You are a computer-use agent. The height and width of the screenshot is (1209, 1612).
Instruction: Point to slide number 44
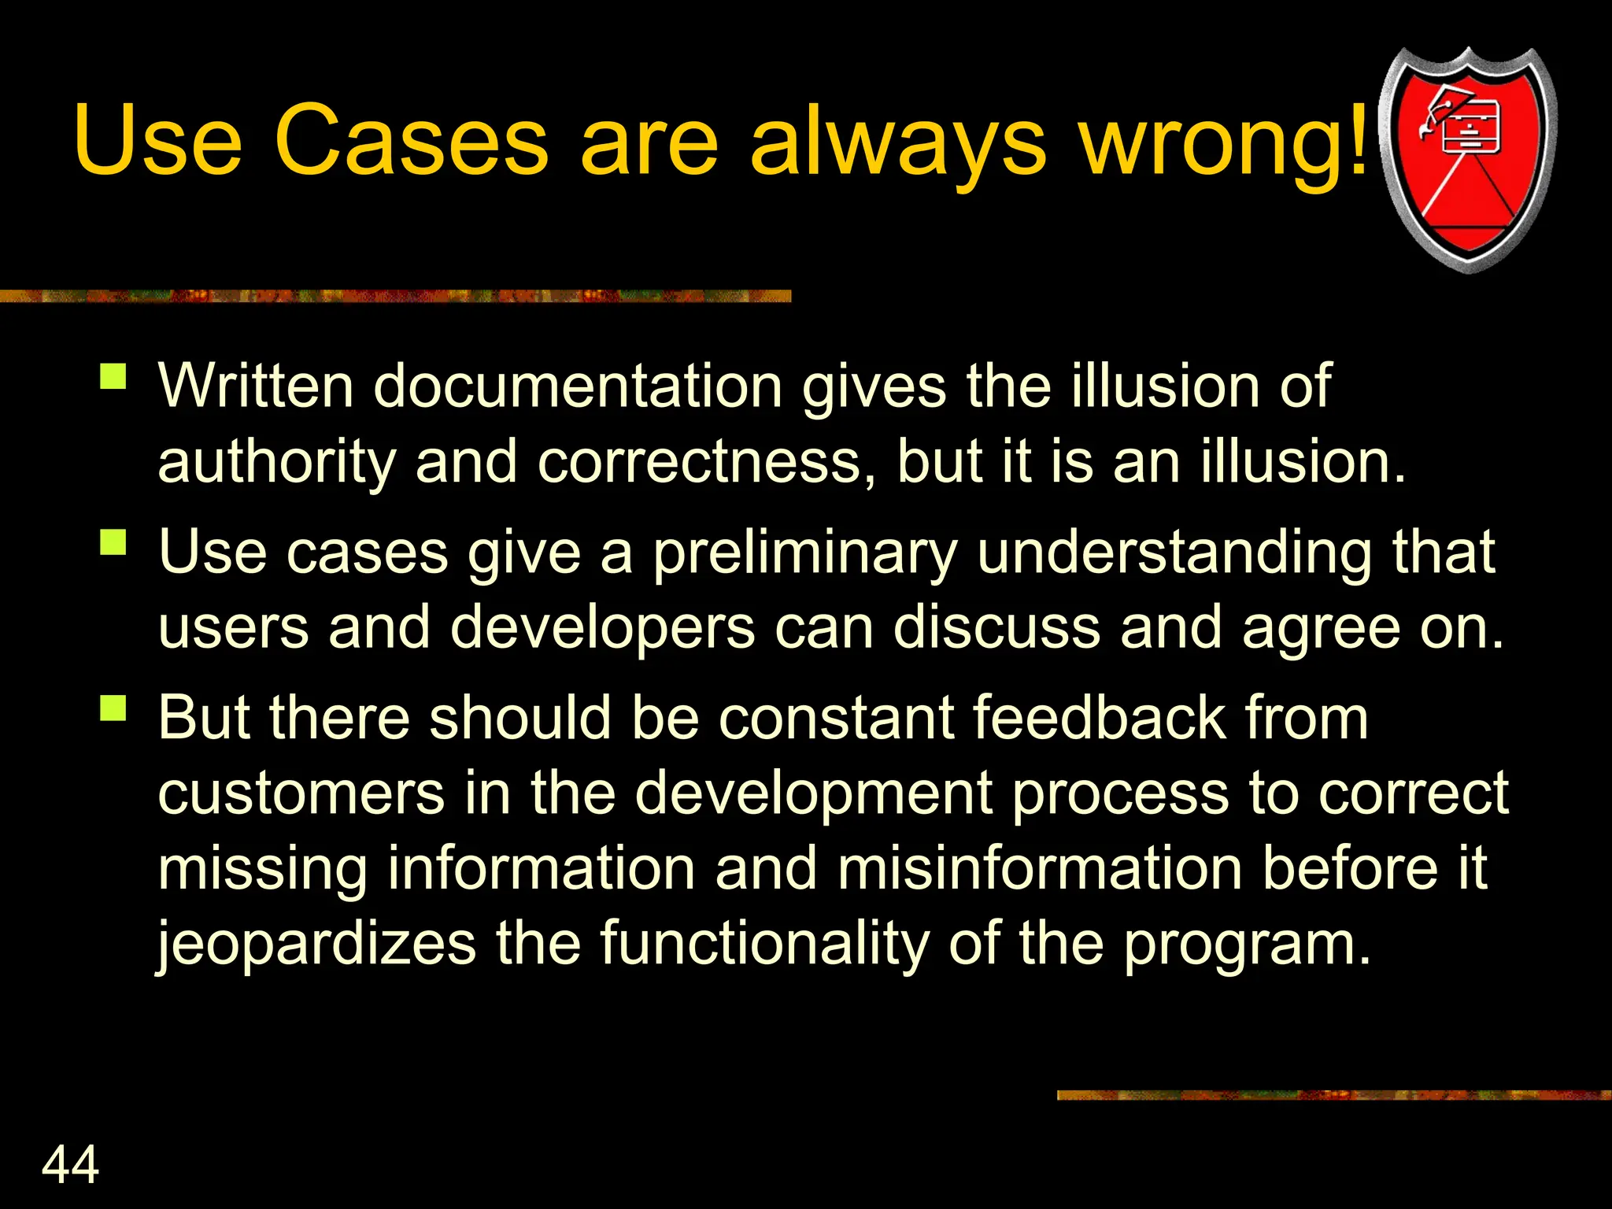70,1164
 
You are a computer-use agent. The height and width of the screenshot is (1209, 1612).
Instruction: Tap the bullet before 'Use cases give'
113,542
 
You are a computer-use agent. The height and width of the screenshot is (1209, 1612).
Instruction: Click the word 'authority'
276,463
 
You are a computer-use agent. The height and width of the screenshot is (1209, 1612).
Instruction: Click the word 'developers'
602,629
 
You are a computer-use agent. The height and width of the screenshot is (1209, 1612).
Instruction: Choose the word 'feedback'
1100,718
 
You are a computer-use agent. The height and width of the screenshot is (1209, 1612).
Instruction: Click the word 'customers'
301,793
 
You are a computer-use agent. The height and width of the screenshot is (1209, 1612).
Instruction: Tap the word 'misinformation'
1040,868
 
